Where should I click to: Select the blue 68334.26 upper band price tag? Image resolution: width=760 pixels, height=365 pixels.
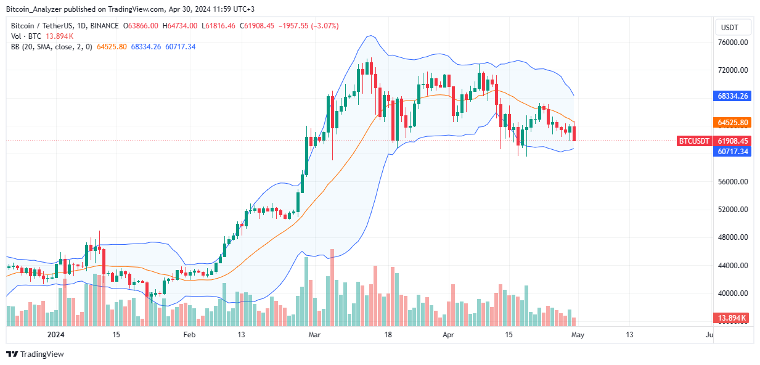(732, 96)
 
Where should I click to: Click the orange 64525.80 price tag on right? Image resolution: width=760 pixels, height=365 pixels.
(732, 123)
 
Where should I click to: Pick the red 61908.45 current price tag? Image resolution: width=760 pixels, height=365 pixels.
(732, 141)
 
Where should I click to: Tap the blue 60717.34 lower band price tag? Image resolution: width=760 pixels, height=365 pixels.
(732, 151)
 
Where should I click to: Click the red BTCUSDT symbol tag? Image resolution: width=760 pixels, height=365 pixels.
(694, 141)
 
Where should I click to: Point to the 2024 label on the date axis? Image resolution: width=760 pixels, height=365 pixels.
(57, 335)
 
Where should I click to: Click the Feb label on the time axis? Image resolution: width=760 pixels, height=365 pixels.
(189, 335)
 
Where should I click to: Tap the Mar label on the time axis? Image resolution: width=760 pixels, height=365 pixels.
(315, 335)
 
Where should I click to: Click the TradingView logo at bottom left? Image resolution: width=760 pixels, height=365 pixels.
(35, 354)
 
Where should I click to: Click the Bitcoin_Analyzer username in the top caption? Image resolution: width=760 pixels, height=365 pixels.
(38, 9)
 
